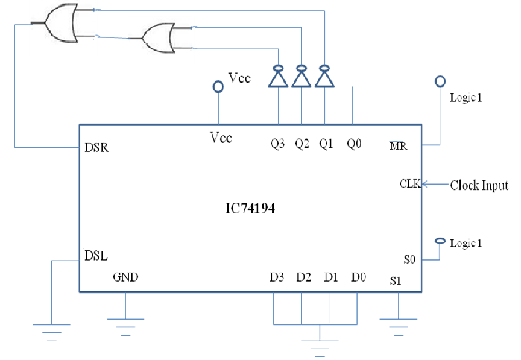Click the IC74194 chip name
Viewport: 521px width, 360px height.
coord(250,209)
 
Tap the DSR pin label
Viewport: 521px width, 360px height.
coord(96,147)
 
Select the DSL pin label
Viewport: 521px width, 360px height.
coord(96,256)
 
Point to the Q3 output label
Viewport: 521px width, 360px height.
coord(277,144)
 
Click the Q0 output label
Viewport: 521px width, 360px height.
coord(354,144)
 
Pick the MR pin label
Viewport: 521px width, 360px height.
coord(399,145)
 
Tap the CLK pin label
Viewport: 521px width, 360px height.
coord(410,183)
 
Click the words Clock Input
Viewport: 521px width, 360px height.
coord(479,185)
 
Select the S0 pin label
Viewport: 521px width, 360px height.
coord(409,259)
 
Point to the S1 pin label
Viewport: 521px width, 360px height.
coord(396,281)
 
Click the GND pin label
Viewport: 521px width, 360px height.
coord(125,277)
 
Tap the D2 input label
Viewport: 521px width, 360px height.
coord(304,277)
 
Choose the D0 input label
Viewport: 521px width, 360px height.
coord(358,277)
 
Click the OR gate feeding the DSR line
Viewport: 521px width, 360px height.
coord(62,24)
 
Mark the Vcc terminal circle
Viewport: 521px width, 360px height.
coord(218,87)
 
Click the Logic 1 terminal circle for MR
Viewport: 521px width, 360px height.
coord(440,81)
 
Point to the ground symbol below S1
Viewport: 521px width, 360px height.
coord(399,327)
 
